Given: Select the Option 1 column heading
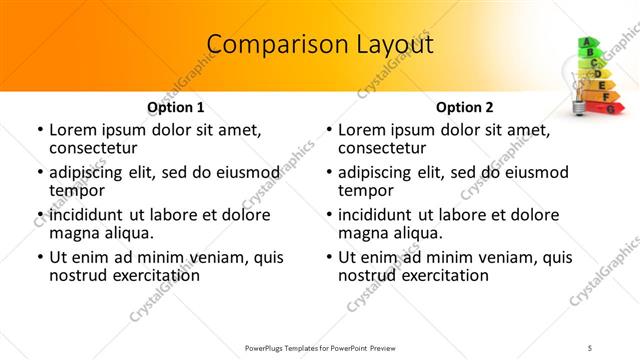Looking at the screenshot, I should (176, 107).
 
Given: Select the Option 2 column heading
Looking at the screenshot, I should (465, 107).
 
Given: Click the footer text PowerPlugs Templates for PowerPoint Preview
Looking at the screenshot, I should (320, 347).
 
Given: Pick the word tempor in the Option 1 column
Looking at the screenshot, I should (75, 190).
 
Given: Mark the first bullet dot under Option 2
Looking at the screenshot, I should (330, 131).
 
